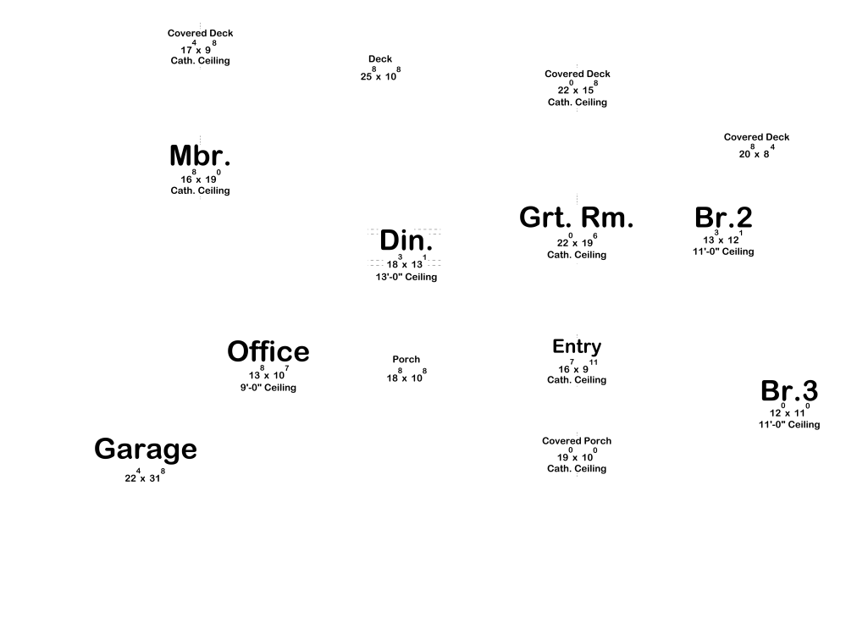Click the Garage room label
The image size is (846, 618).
click(x=146, y=450)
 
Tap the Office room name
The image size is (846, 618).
click(x=268, y=351)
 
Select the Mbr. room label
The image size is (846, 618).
click(x=200, y=157)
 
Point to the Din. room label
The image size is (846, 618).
click(x=406, y=240)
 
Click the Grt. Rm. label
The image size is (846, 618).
click(x=576, y=218)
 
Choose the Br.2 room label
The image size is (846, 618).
click(x=723, y=218)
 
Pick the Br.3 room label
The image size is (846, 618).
click(x=789, y=391)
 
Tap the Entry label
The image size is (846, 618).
click(x=577, y=346)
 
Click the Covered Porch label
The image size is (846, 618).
click(x=577, y=441)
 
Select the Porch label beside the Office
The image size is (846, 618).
click(x=406, y=360)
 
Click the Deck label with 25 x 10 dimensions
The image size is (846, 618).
click(x=380, y=59)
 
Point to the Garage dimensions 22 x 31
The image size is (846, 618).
click(x=145, y=477)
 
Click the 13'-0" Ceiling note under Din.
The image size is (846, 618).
click(x=406, y=277)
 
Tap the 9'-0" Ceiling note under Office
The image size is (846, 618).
click(x=268, y=388)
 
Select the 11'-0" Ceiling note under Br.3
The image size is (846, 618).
click(x=789, y=425)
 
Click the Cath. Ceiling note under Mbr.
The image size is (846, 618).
click(x=200, y=190)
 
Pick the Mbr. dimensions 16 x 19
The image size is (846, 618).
click(x=200, y=179)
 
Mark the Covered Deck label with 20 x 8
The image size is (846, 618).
click(x=756, y=137)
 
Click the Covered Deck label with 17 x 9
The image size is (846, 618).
click(x=200, y=34)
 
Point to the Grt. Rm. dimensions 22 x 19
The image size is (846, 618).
click(x=577, y=242)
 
